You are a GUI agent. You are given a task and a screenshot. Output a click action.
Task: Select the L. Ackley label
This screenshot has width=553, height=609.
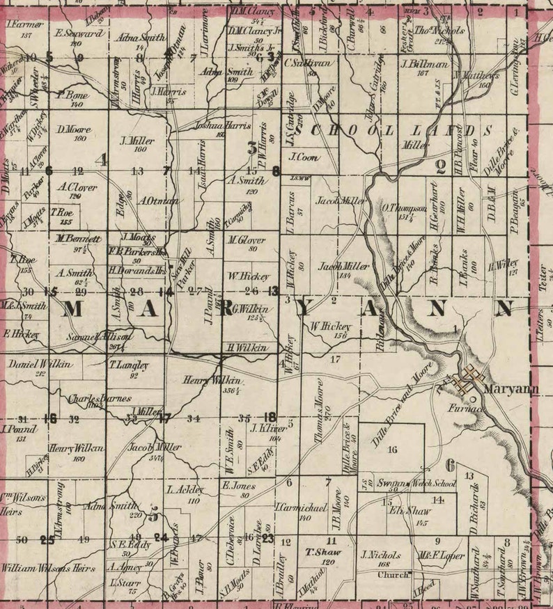tap(184, 490)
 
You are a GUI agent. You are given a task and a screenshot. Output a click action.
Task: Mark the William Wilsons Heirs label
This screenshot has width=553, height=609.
tap(47, 567)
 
